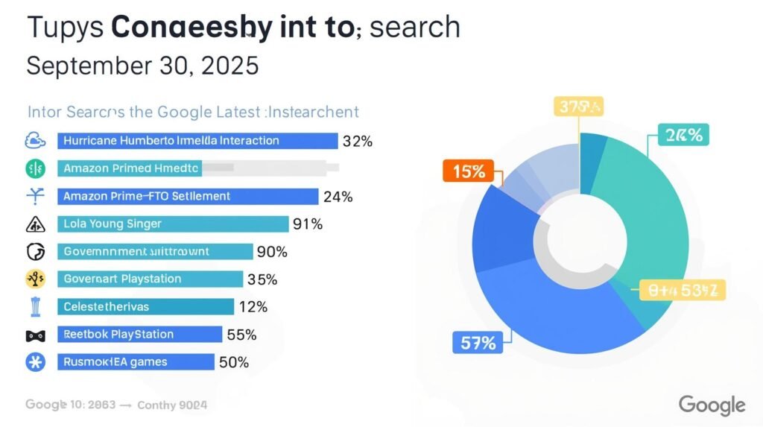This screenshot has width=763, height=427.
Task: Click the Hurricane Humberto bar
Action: pos(197,141)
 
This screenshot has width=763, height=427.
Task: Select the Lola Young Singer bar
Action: pos(172,224)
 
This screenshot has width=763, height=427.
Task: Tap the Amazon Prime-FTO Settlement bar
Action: pos(186,196)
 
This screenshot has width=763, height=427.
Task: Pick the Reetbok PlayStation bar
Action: pos(139,334)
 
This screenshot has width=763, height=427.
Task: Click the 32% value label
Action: pos(357,141)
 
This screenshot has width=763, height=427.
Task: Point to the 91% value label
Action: pos(307,224)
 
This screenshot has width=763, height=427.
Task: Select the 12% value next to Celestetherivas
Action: pos(253,306)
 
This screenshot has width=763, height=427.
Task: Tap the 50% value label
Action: pos(233,362)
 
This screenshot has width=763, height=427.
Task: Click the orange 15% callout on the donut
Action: pos(467,171)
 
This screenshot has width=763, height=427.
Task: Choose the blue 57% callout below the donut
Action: pos(474,344)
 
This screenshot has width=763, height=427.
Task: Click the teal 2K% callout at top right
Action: pos(684,135)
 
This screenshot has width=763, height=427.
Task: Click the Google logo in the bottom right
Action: pos(712,405)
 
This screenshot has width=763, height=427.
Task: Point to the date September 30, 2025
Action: pos(142,66)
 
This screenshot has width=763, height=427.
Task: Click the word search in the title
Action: pos(416,27)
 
